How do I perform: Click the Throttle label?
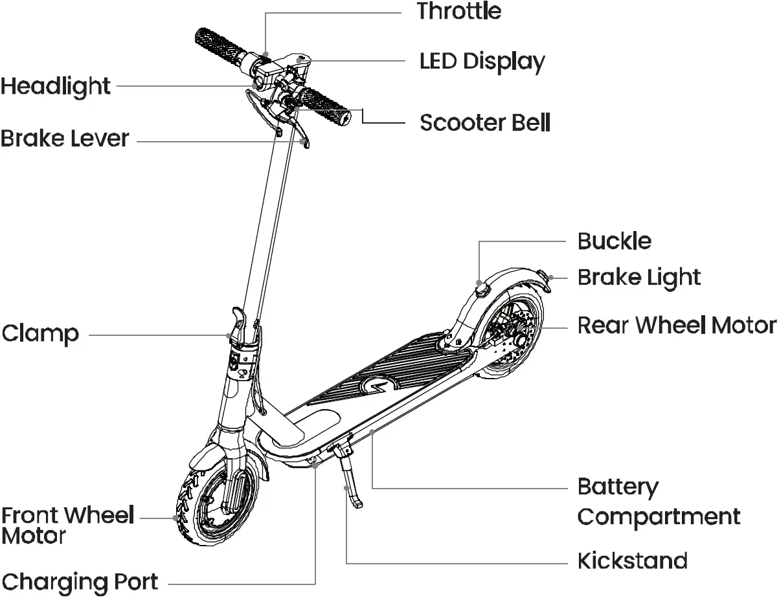tap(458, 11)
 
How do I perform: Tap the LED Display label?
tap(482, 61)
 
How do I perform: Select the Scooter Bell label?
tap(485, 122)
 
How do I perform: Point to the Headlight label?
tap(56, 86)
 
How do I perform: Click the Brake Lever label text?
tap(65, 138)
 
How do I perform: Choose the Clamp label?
tap(40, 334)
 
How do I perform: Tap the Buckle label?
tap(614, 241)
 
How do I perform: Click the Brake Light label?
tap(638, 278)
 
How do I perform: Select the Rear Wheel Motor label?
tap(677, 325)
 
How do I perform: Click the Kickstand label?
tap(632, 560)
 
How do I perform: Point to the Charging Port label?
tap(79, 581)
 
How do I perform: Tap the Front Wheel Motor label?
tap(67, 526)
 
